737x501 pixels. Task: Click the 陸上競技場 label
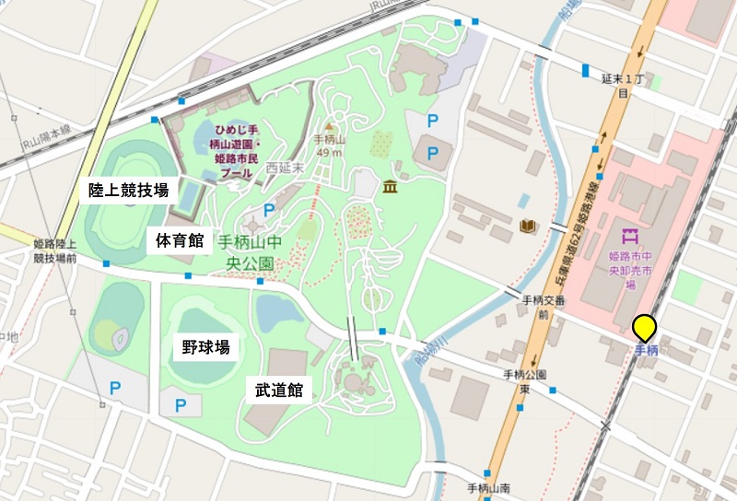(128, 191)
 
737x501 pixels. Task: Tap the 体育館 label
(180, 242)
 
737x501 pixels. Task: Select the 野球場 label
(205, 347)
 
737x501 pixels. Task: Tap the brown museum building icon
(390, 188)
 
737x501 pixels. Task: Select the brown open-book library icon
(528, 227)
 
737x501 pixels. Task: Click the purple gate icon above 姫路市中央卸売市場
(630, 237)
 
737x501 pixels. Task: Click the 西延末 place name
(284, 169)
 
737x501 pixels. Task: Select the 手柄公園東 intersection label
(526, 381)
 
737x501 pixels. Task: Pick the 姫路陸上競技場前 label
(55, 250)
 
